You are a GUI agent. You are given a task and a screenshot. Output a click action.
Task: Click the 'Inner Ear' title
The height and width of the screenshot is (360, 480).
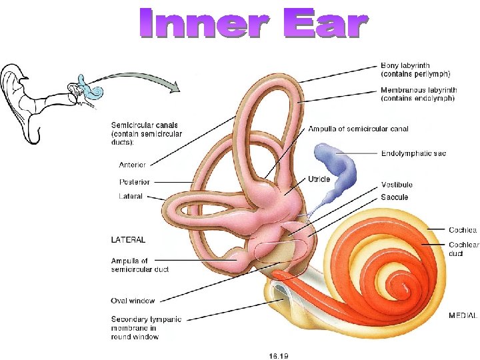point(253,23)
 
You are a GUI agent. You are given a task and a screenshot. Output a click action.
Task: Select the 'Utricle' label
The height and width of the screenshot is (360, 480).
point(319,179)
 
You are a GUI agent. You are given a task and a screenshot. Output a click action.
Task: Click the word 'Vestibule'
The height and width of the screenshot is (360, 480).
point(397,185)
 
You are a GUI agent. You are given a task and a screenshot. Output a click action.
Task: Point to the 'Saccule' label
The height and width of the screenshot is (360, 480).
point(395,197)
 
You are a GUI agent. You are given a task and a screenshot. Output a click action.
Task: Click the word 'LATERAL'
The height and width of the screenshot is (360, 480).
point(128,239)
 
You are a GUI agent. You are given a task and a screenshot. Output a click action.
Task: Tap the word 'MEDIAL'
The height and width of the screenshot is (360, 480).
point(463,315)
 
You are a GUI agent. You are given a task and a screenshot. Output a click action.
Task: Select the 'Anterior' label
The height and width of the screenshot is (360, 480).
point(133,165)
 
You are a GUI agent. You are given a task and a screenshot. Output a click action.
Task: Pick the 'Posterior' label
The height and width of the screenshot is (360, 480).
point(135,182)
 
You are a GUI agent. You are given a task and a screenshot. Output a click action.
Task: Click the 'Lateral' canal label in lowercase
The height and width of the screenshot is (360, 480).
point(131,197)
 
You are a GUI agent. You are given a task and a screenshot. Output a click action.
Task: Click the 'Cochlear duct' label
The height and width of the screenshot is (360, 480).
point(463,249)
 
